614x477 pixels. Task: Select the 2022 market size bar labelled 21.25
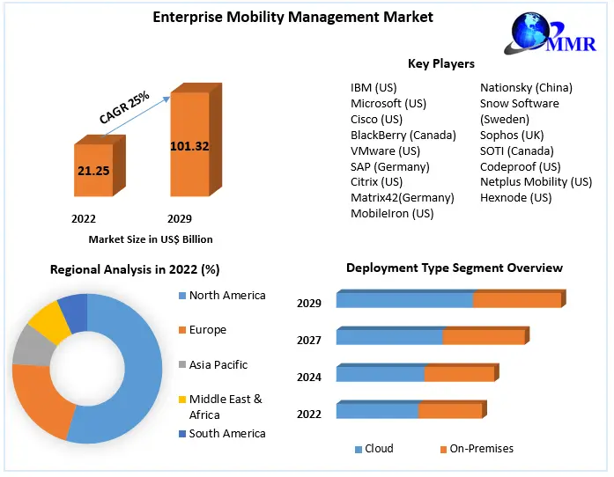pyautogui.click(x=92, y=170)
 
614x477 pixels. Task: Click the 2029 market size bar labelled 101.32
pyautogui.click(x=189, y=145)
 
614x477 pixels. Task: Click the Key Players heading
pyautogui.click(x=440, y=63)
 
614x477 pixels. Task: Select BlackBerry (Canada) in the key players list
pyautogui.click(x=403, y=135)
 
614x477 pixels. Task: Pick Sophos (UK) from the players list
pyautogui.click(x=512, y=135)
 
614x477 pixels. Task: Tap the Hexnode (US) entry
pyautogui.click(x=515, y=197)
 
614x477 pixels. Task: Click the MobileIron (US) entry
pyautogui.click(x=392, y=213)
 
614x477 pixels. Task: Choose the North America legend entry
pyautogui.click(x=226, y=295)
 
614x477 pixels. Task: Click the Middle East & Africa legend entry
pyautogui.click(x=226, y=407)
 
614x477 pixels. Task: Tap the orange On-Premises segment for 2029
pyautogui.click(x=516, y=299)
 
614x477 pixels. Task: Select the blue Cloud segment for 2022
pyautogui.click(x=376, y=410)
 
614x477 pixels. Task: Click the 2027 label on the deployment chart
pyautogui.click(x=309, y=340)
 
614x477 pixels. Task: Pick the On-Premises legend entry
pyautogui.click(x=481, y=449)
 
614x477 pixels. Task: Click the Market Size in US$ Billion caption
pyautogui.click(x=151, y=238)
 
